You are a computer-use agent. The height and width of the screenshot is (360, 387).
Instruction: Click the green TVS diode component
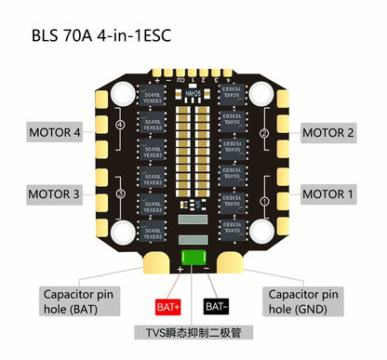pyautogui.click(x=193, y=260)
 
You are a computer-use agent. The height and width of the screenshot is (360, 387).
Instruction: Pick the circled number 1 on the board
pyautogui.click(x=264, y=200)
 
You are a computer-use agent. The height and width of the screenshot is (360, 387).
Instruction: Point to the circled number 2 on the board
pyautogui.click(x=264, y=134)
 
